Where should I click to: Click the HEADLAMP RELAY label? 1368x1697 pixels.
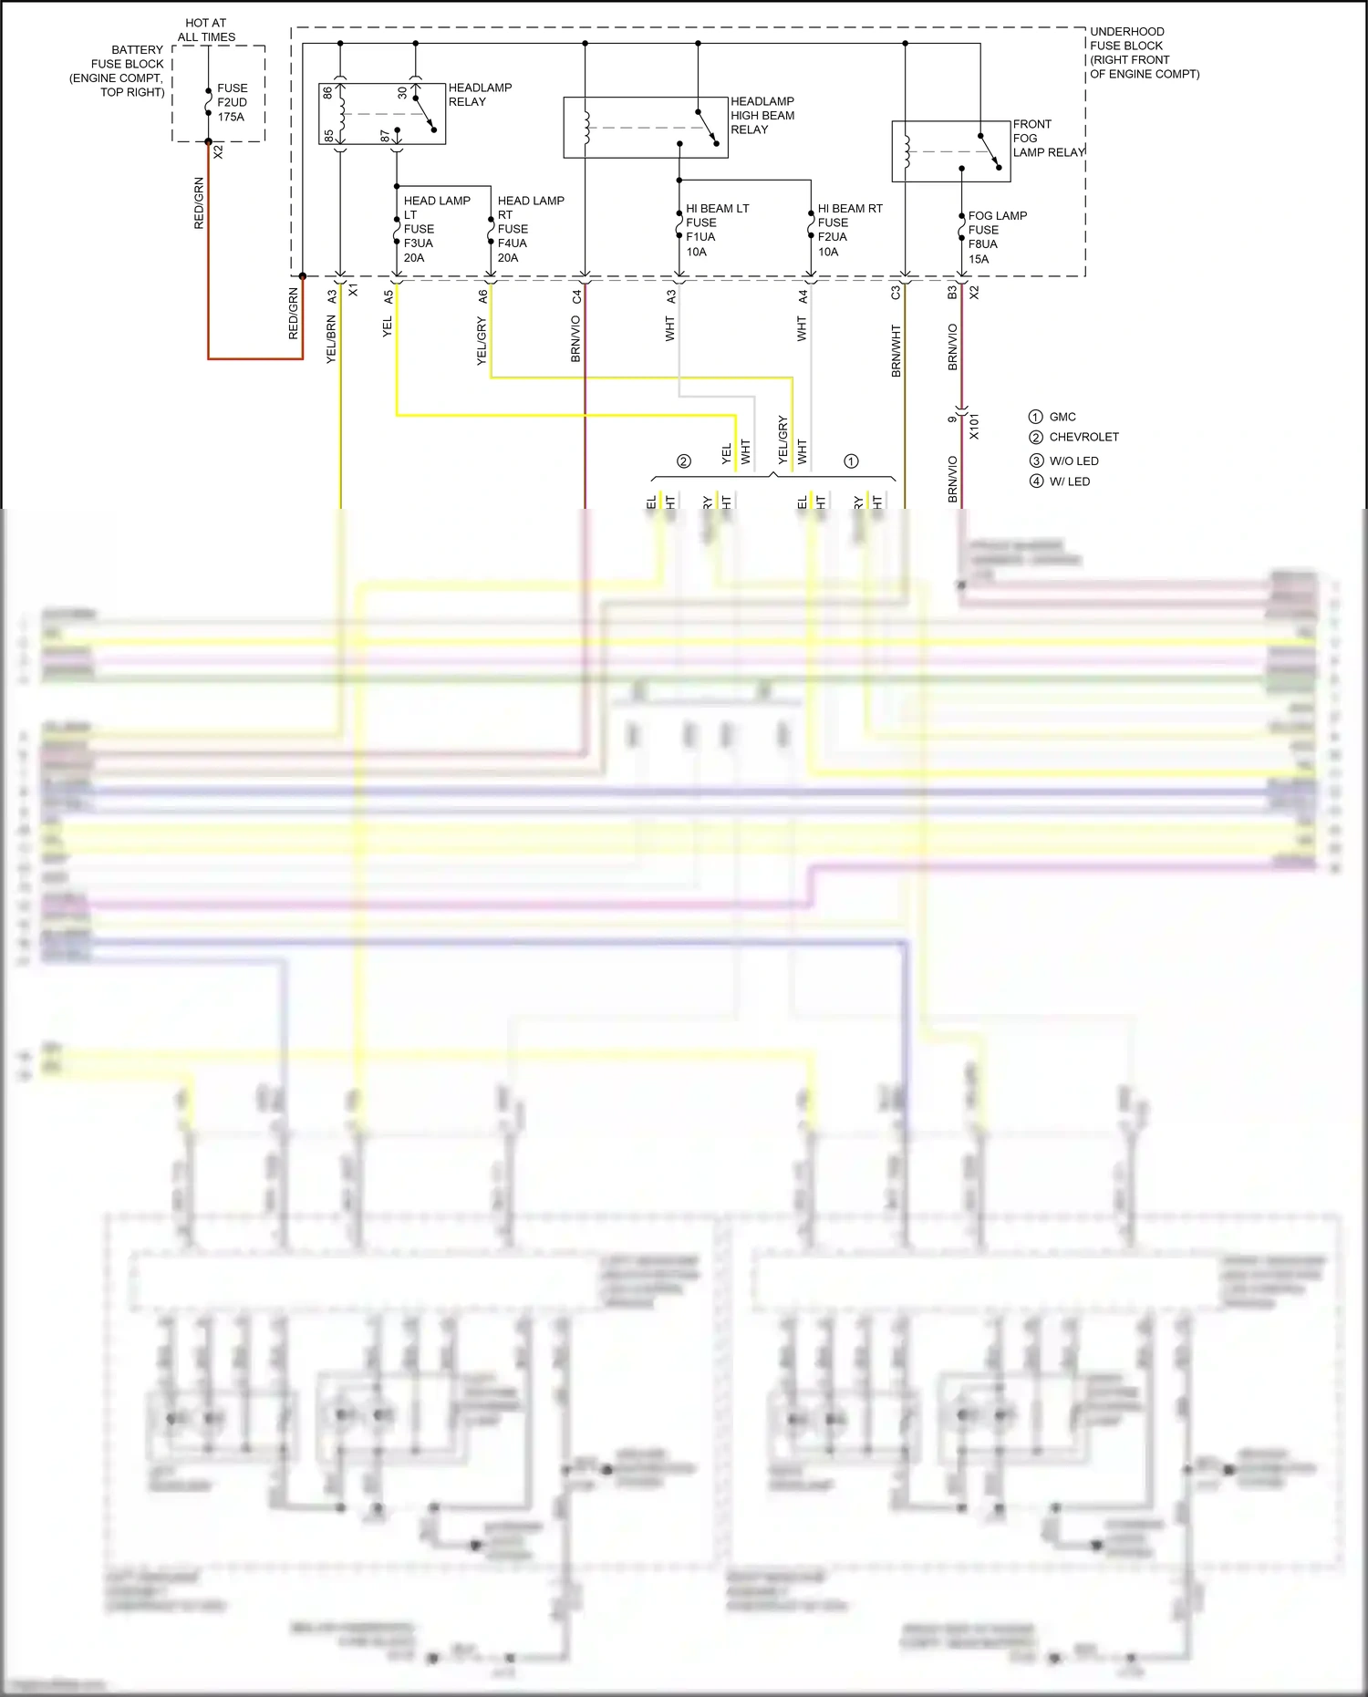480,95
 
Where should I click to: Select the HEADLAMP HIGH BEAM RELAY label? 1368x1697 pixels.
762,116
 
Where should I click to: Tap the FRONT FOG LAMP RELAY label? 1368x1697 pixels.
1047,139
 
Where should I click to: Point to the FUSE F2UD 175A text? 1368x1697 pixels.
232,103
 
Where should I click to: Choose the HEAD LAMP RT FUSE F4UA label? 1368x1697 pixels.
530,229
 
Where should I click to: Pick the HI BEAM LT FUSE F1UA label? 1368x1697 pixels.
716,230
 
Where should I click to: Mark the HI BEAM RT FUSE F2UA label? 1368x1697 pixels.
849,230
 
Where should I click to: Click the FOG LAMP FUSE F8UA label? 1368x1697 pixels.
996,237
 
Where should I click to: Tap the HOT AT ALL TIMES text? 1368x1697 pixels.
206,30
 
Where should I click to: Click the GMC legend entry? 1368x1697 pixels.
1062,417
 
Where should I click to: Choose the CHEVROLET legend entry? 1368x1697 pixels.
1083,437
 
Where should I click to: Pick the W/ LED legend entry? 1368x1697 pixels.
1069,481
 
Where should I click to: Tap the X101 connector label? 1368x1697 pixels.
974,426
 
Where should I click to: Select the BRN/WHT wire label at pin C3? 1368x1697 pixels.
896,351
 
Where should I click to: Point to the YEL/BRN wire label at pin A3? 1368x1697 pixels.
331,339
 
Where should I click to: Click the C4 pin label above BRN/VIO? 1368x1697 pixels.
576,296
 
